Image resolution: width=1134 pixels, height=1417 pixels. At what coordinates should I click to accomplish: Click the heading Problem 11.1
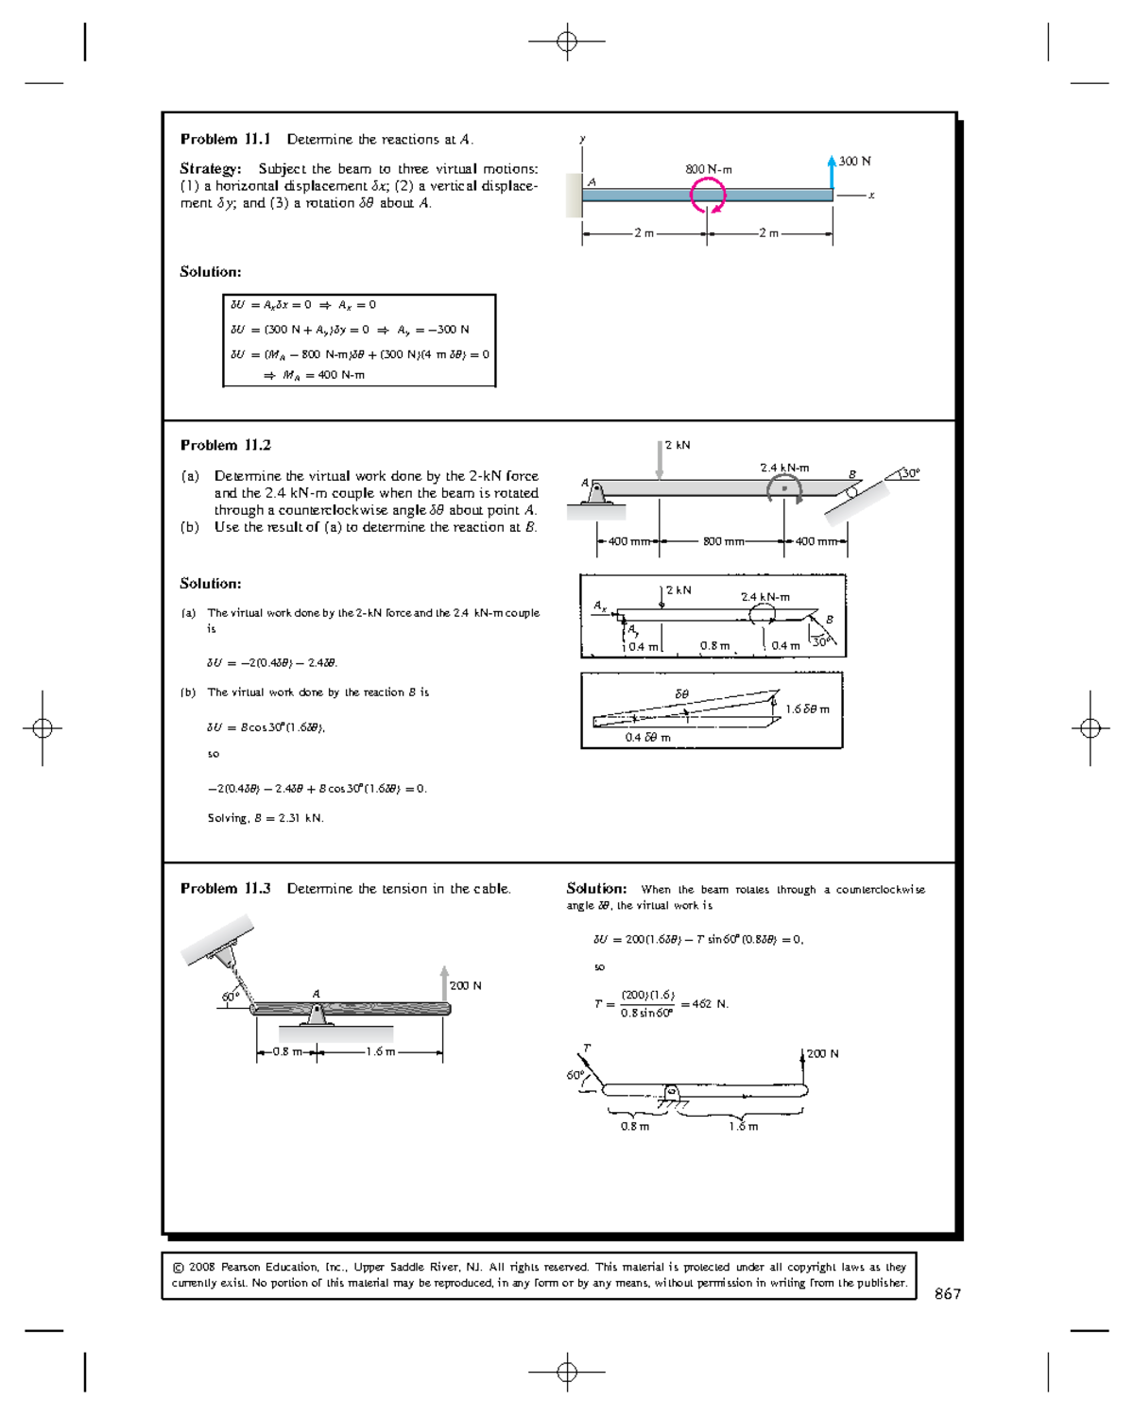pyautogui.click(x=225, y=139)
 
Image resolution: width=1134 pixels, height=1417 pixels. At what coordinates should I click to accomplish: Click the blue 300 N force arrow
pyautogui.click(x=832, y=173)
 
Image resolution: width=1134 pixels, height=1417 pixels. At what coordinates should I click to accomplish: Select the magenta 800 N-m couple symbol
pyautogui.click(x=708, y=196)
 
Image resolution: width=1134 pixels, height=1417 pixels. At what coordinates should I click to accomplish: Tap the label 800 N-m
pyautogui.click(x=709, y=169)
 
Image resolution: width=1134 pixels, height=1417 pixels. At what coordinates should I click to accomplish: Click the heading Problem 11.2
pyautogui.click(x=225, y=445)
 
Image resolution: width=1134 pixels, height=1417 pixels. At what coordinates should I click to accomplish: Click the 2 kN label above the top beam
pyautogui.click(x=678, y=445)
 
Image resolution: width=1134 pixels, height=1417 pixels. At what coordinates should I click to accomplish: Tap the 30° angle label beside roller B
pyautogui.click(x=910, y=473)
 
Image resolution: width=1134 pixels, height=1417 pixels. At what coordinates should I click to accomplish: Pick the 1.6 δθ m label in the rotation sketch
pyautogui.click(x=808, y=708)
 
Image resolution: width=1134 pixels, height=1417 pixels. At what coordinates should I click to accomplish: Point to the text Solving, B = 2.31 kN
pyautogui.click(x=266, y=818)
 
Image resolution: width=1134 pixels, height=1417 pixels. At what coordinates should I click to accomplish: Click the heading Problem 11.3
pyautogui.click(x=225, y=888)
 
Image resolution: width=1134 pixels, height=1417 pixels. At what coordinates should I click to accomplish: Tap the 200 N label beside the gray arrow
pyautogui.click(x=465, y=985)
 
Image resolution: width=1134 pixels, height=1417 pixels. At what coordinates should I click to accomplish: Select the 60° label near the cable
pyautogui.click(x=229, y=997)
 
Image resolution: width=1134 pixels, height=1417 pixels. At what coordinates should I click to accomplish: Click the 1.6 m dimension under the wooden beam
pyautogui.click(x=380, y=1051)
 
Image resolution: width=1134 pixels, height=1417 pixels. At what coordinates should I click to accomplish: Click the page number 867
pyautogui.click(x=947, y=1294)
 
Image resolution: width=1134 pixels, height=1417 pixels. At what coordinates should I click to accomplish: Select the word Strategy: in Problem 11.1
pyautogui.click(x=211, y=169)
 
